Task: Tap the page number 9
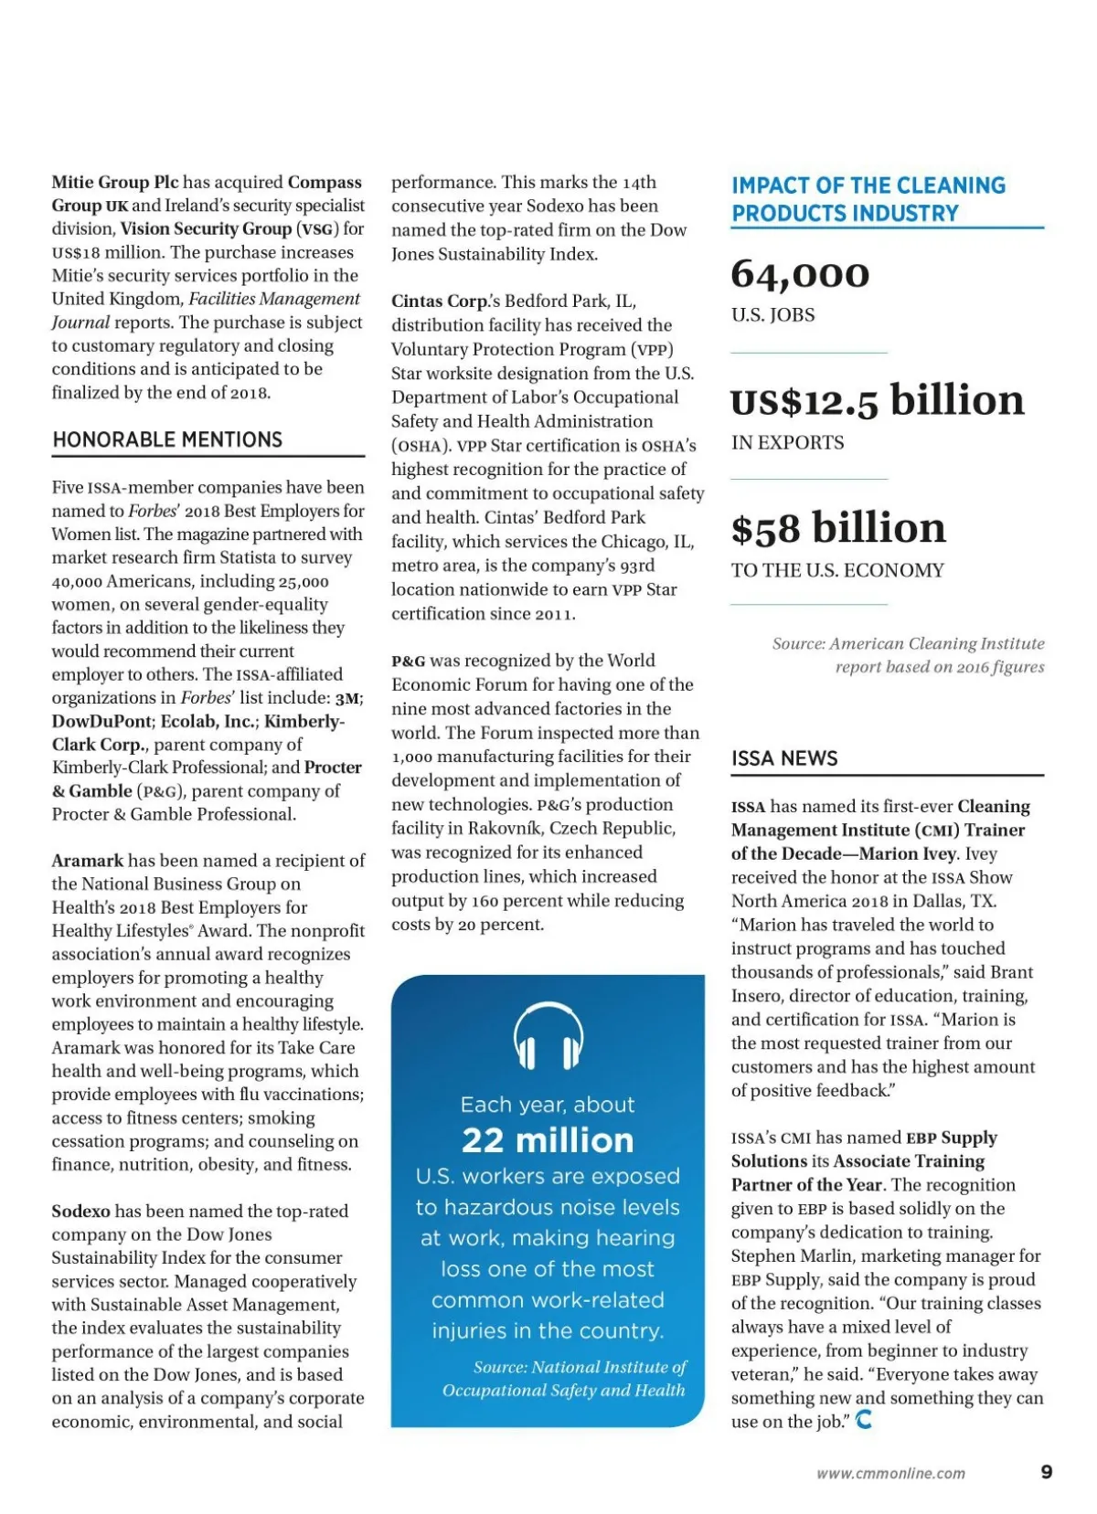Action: pos(1046,1472)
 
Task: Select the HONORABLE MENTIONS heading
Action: pos(167,439)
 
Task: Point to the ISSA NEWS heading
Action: pos(784,758)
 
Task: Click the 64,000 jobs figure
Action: pos(800,274)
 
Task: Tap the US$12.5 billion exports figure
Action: pos(877,400)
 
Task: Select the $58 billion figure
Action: pos(838,528)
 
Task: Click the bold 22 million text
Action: pos(548,1140)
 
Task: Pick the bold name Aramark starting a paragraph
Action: pos(87,861)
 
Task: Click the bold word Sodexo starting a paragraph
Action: pos(80,1212)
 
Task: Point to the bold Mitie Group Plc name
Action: pos(114,183)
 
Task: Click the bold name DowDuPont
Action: pos(101,721)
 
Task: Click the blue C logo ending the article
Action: pos(863,1420)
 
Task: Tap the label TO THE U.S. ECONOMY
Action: pos(837,571)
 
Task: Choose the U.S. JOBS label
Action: pos(772,315)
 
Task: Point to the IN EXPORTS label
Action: pos(787,443)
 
